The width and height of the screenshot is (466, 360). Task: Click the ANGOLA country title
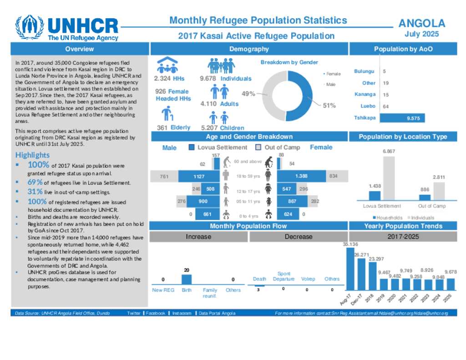421,24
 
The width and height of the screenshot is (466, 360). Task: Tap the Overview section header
79,49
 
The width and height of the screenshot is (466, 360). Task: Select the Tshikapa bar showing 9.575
402,118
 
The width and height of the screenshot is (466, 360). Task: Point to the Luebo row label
368,106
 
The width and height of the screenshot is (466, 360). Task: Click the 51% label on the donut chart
329,106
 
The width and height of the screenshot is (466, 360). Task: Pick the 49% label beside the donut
248,94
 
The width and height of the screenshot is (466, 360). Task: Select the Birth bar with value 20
187,279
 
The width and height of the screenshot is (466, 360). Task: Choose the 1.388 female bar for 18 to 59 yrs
301,176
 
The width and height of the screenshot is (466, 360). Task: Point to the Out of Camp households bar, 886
424,198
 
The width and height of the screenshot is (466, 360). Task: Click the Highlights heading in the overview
32,155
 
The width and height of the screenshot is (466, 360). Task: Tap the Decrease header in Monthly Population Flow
299,237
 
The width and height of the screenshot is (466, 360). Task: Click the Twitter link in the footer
134,313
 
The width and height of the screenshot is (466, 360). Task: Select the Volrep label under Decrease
308,279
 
